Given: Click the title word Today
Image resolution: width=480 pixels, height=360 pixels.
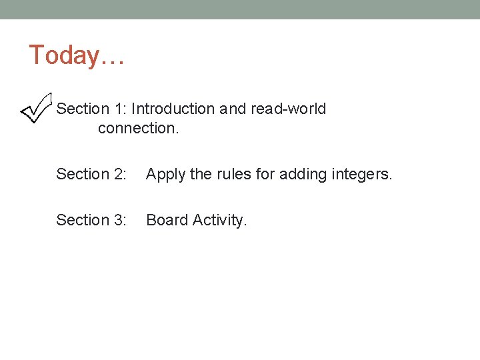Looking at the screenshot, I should (64, 55).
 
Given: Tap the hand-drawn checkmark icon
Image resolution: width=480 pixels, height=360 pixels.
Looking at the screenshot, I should (37, 108).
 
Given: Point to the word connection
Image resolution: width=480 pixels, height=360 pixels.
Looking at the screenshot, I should (138, 128).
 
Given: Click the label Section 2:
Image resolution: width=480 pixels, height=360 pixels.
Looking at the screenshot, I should (91, 175).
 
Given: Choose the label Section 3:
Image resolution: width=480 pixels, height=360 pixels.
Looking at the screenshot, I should (91, 220).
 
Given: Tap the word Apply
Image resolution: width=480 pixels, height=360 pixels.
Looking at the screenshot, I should (166, 175).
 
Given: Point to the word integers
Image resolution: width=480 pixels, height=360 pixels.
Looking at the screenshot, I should (363, 175).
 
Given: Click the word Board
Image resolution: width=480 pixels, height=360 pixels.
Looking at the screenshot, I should (167, 220).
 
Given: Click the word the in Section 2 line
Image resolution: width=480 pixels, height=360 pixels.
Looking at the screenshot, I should (201, 175).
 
